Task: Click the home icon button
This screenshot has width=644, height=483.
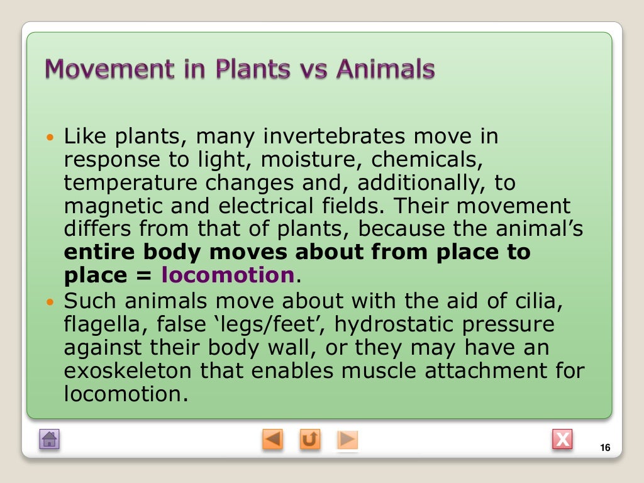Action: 50,439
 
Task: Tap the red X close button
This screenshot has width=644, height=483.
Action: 562,439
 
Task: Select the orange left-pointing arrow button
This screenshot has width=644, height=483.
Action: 273,439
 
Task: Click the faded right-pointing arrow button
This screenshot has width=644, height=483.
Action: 347,439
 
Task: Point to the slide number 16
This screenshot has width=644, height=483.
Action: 606,448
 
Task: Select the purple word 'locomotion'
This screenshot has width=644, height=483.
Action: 228,275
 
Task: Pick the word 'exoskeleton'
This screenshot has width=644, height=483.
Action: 128,371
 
